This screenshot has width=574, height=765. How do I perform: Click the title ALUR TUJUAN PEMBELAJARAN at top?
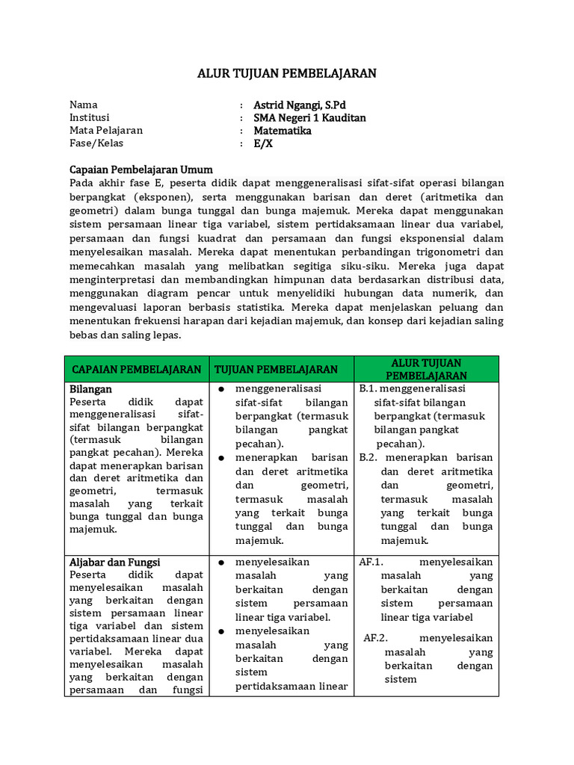[x=287, y=73]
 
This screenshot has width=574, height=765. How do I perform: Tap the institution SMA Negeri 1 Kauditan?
[x=309, y=118]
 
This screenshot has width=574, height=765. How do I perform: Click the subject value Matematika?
[x=283, y=131]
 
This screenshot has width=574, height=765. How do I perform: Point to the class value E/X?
[x=263, y=143]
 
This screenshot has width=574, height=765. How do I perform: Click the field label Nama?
[x=84, y=105]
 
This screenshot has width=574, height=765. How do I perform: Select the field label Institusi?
[x=90, y=118]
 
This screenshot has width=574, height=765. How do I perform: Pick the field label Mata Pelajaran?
[x=106, y=131]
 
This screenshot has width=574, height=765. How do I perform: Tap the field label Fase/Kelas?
[x=96, y=143]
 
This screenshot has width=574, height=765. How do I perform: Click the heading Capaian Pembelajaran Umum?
[x=141, y=170]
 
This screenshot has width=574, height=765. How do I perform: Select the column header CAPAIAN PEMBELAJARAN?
[x=137, y=369]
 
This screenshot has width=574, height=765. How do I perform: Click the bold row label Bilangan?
[x=90, y=389]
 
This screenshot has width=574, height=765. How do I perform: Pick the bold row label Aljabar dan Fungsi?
[x=115, y=562]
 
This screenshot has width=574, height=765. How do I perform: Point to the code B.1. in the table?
[x=370, y=389]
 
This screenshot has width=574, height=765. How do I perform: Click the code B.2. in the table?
[x=371, y=457]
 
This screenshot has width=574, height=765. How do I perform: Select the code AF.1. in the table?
[x=371, y=562]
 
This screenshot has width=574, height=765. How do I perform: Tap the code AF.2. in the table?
[x=375, y=638]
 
